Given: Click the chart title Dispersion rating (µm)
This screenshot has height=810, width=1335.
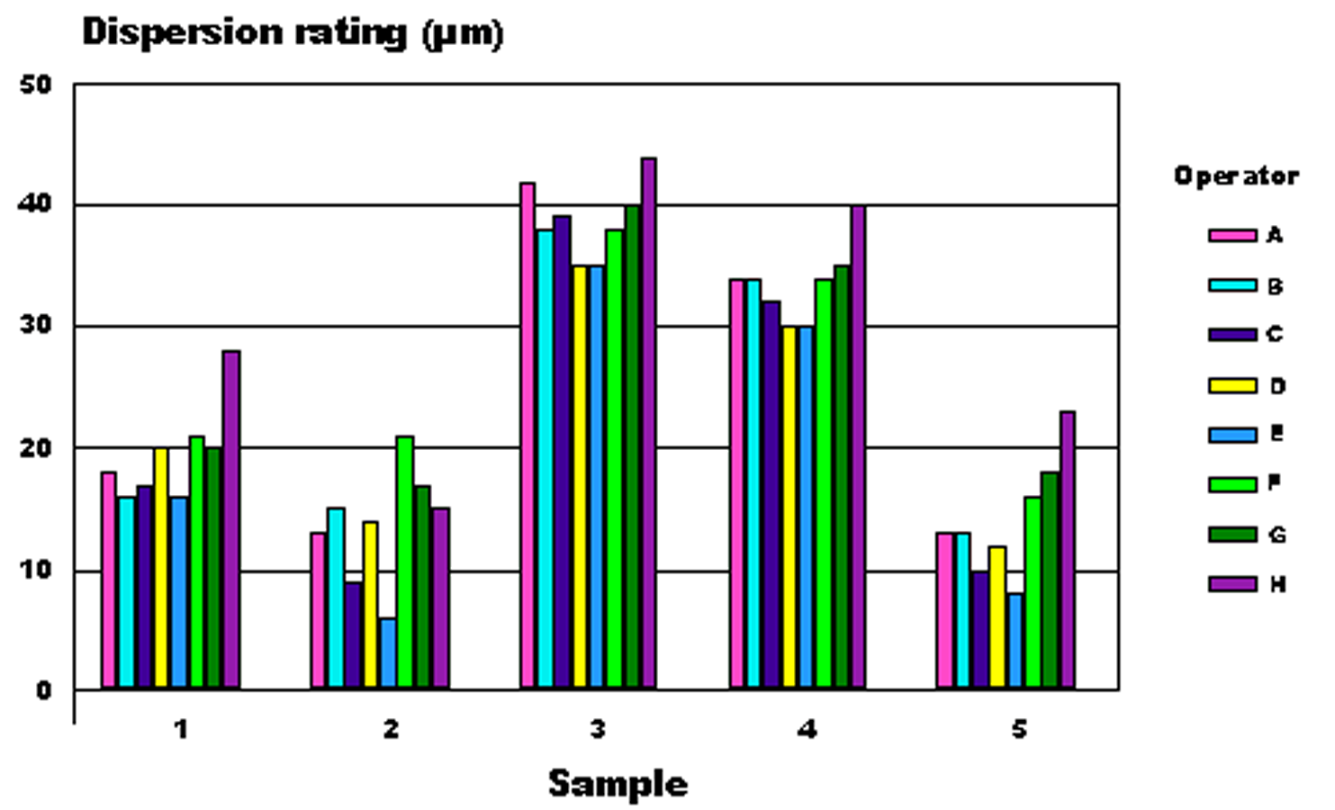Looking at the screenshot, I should pyautogui.click(x=292, y=32).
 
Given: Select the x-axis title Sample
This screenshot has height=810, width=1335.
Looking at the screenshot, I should pyautogui.click(x=618, y=784).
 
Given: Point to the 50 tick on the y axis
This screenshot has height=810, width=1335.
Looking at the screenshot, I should pyautogui.click(x=36, y=85).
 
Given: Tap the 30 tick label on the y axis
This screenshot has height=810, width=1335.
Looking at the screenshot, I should pyautogui.click(x=36, y=326).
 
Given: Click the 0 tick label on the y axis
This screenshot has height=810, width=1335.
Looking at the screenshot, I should pyautogui.click(x=44, y=690).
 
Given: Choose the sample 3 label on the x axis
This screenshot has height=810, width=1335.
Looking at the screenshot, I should pyautogui.click(x=598, y=729).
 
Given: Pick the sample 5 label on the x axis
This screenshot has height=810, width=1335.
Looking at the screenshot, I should pyautogui.click(x=1018, y=729).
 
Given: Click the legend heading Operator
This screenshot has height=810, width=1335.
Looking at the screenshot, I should pyautogui.click(x=1236, y=176).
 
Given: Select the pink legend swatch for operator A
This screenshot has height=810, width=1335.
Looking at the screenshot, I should pyautogui.click(x=1232, y=236).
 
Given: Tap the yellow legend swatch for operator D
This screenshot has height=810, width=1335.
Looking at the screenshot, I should pyautogui.click(x=1232, y=386).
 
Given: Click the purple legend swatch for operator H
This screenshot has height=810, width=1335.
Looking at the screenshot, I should pyautogui.click(x=1232, y=584).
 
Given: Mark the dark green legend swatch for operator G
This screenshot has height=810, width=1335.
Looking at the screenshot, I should pyautogui.click(x=1232, y=535).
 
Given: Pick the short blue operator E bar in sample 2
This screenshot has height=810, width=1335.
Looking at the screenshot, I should pyautogui.click(x=388, y=653).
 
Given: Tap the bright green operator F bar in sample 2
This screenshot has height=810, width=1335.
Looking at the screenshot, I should pyautogui.click(x=405, y=562).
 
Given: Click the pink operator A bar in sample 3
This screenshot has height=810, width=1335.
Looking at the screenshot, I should pyautogui.click(x=528, y=436).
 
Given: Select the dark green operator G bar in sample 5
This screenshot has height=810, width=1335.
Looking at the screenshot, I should pyautogui.click(x=1050, y=580).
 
